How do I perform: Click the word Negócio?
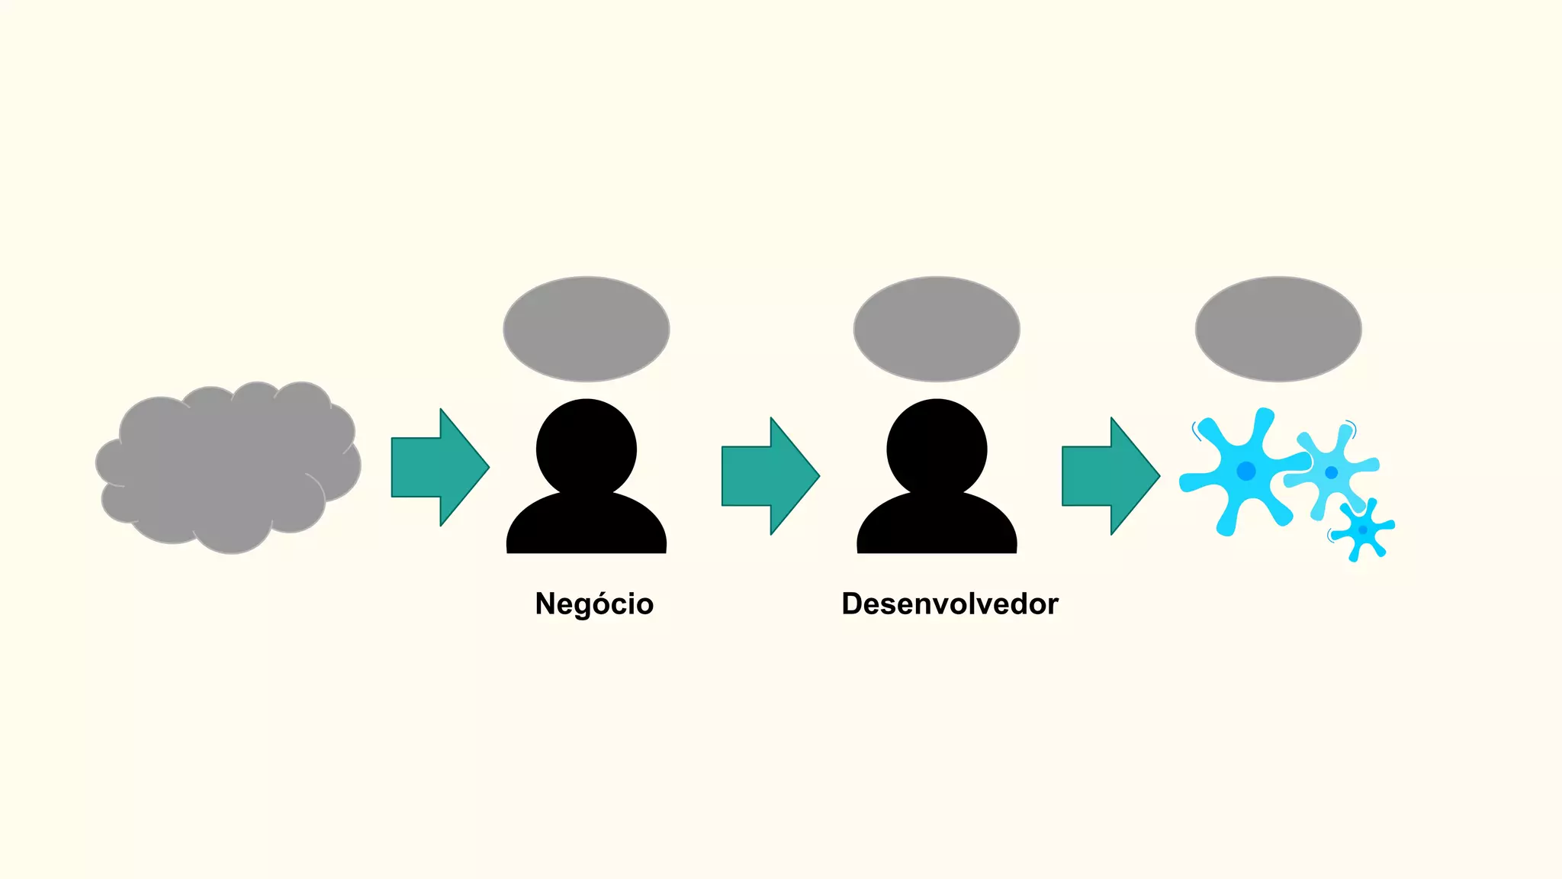click(x=594, y=604)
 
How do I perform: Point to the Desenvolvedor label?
click(x=950, y=604)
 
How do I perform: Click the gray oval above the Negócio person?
click(x=586, y=329)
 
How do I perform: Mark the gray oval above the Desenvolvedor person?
click(x=937, y=329)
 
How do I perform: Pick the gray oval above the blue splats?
click(x=1278, y=329)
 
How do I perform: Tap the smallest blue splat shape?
click(x=1363, y=530)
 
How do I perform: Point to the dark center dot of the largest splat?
click(x=1245, y=471)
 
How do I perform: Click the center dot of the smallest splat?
click(x=1363, y=530)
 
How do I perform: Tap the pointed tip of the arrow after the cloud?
click(x=487, y=467)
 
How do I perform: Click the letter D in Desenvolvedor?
click(x=852, y=604)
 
